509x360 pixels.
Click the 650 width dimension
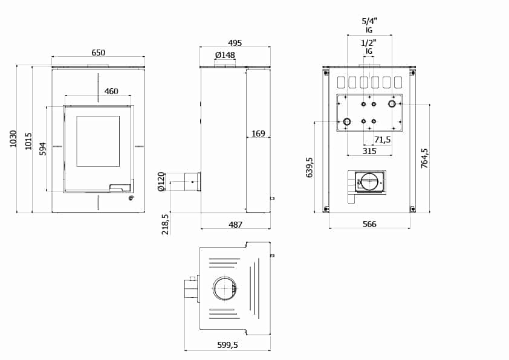(98, 53)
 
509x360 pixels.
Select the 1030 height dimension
(13, 139)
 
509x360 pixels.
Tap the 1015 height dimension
(28, 141)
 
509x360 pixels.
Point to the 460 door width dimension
(111, 91)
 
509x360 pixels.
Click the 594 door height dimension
(43, 149)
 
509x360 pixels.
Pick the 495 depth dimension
(235, 43)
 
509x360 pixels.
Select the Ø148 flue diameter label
(225, 55)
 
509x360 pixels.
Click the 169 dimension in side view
(258, 133)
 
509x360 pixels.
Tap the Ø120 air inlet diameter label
(161, 182)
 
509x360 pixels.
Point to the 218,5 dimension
(166, 224)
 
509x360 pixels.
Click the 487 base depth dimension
(235, 225)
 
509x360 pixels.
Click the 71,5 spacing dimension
(383, 140)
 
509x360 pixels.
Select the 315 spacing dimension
(369, 151)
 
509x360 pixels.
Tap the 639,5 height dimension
(310, 167)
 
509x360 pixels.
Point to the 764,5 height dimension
(424, 158)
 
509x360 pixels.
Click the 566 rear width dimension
(369, 224)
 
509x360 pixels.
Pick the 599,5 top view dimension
(227, 345)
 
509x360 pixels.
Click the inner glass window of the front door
(98, 141)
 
